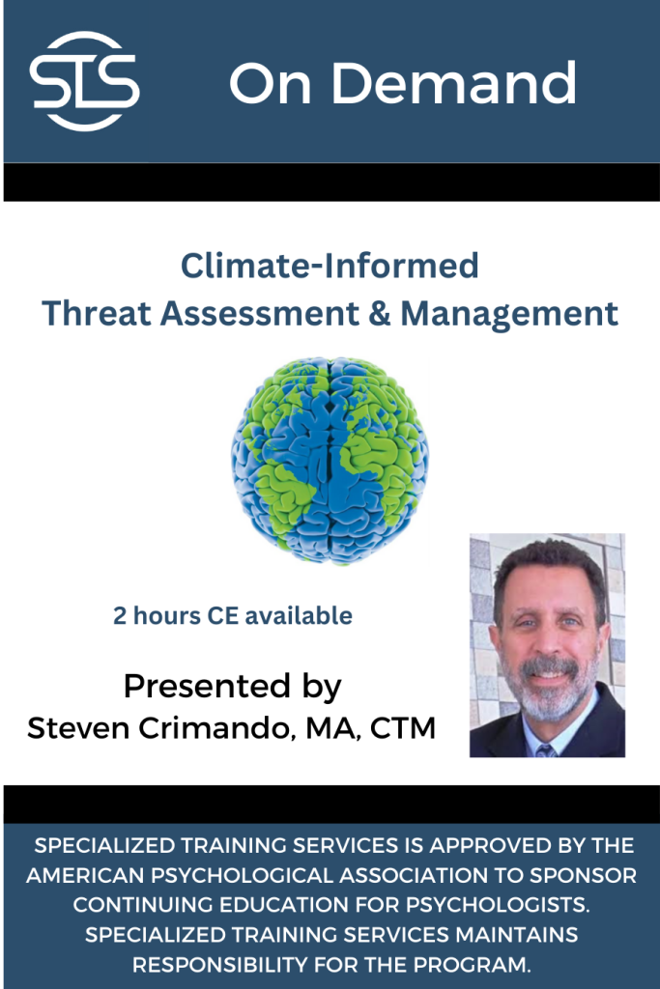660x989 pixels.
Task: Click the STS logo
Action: point(84,81)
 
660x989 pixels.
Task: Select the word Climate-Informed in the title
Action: point(330,266)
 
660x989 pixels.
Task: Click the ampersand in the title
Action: point(382,313)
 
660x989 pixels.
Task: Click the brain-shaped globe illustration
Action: point(330,460)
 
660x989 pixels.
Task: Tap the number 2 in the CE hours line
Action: point(120,615)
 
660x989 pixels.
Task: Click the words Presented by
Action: point(232,686)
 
